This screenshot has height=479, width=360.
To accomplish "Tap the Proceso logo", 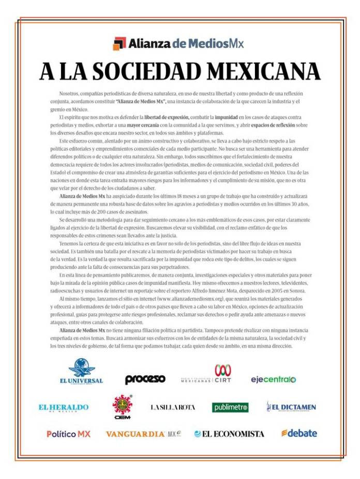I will [x=145, y=379].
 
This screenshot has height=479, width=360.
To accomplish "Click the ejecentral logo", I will [x=273, y=379].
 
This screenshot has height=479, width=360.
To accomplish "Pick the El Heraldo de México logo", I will [x=64, y=408].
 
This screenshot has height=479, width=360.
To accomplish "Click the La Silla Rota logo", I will [x=173, y=408].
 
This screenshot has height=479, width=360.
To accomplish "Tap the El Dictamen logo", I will [x=291, y=407].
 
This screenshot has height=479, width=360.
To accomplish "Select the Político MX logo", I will [x=68, y=434].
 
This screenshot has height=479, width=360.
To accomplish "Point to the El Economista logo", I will [x=229, y=434].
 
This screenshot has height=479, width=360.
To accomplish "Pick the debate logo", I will [x=299, y=433].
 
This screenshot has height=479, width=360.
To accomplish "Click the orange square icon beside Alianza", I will [x=119, y=43].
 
